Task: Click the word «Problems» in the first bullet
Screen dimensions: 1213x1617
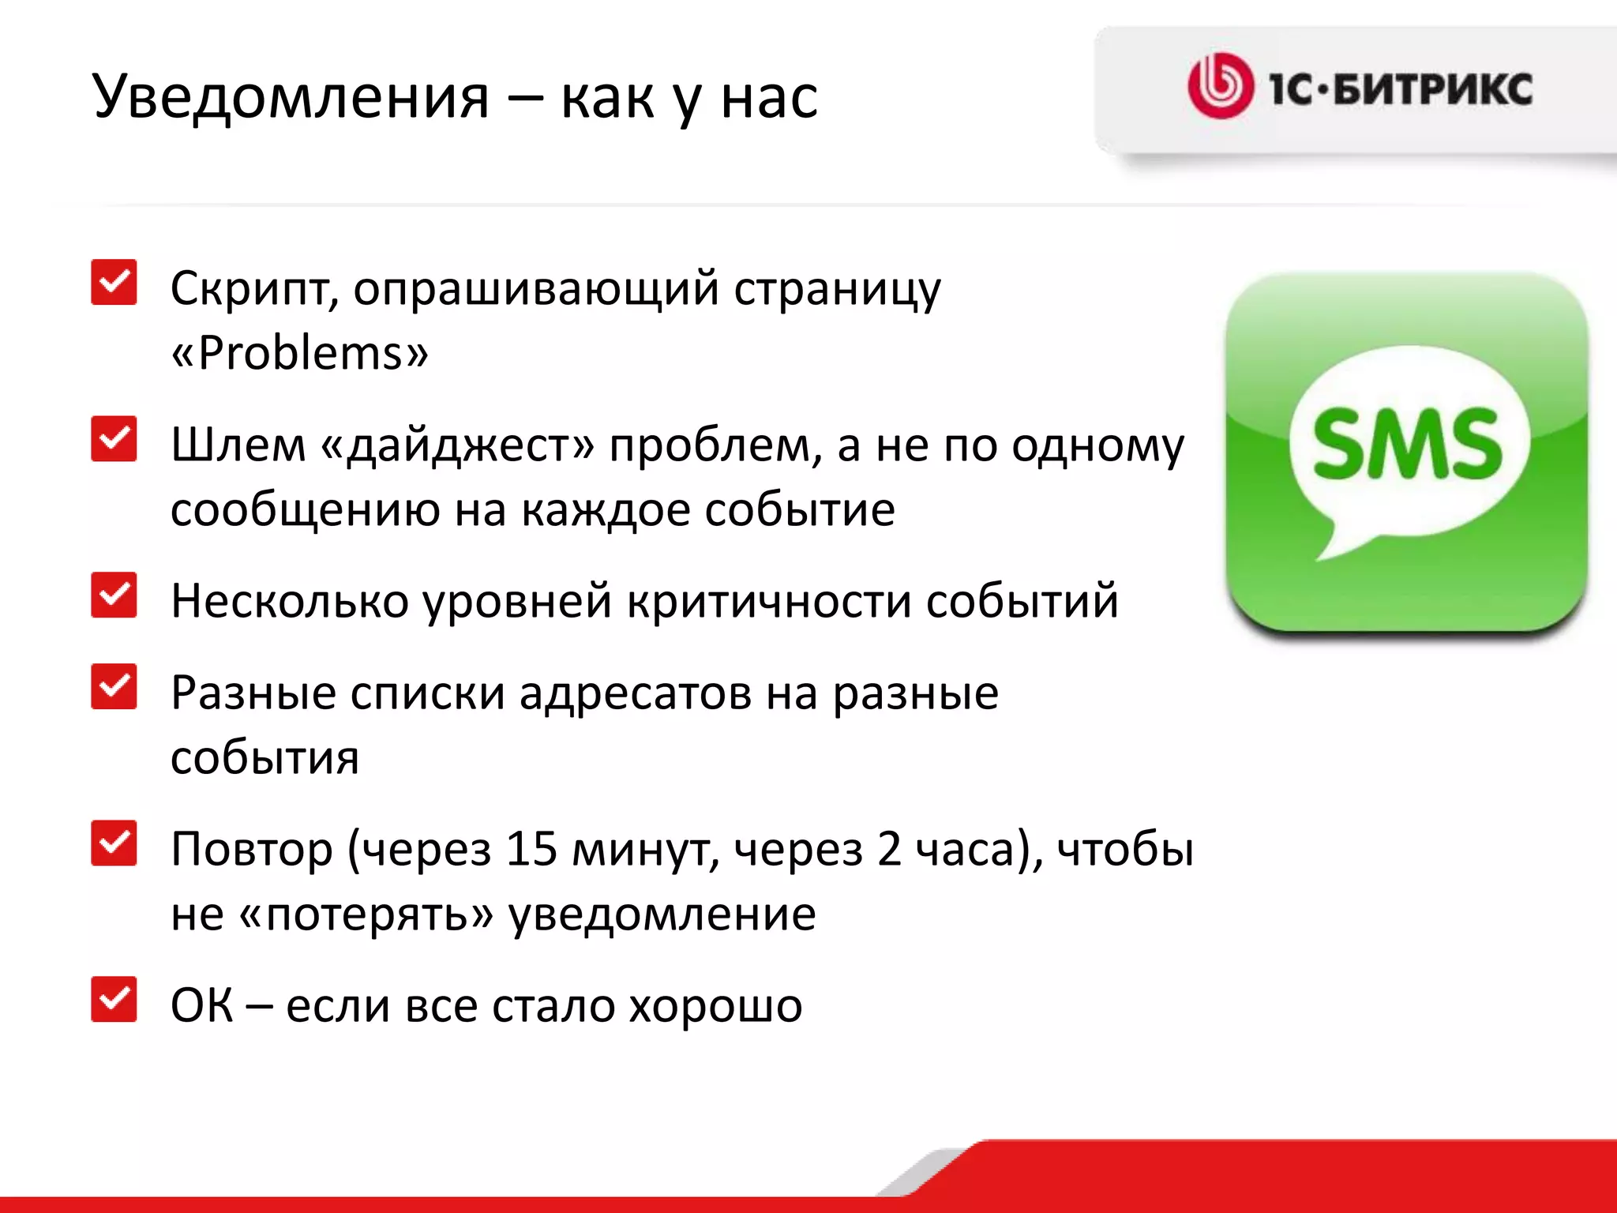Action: (300, 352)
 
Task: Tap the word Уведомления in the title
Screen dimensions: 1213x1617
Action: (291, 98)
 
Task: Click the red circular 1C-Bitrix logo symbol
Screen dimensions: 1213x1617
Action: (1220, 86)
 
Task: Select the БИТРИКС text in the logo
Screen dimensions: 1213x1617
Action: (1432, 88)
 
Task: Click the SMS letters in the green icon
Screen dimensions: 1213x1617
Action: (1407, 444)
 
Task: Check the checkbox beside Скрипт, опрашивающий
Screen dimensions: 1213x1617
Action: (114, 282)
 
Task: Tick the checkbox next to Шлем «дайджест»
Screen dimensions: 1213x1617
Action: (114, 438)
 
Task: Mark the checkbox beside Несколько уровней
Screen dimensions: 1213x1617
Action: (114, 595)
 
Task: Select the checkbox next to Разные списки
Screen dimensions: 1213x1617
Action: (114, 686)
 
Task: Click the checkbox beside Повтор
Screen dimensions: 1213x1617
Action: (114, 843)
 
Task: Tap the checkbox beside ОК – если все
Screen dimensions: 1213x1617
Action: (114, 999)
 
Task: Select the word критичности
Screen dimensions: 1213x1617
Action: (769, 602)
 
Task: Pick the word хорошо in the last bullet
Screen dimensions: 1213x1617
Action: (715, 1006)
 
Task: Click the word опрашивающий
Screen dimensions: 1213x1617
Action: (536, 289)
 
